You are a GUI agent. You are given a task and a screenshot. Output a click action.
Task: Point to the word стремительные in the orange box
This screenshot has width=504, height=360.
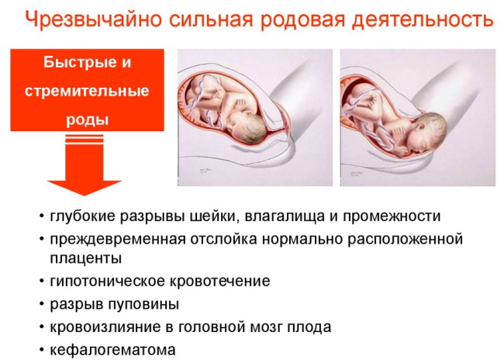(87, 91)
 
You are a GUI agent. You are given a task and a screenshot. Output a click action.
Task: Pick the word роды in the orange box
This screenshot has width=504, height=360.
(87, 119)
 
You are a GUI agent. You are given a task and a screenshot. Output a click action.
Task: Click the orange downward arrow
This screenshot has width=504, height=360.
(87, 167)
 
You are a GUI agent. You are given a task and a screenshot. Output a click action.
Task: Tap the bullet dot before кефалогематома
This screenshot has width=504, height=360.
(40, 351)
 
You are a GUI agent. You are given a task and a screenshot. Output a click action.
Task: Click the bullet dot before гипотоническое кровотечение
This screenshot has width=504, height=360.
(40, 282)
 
